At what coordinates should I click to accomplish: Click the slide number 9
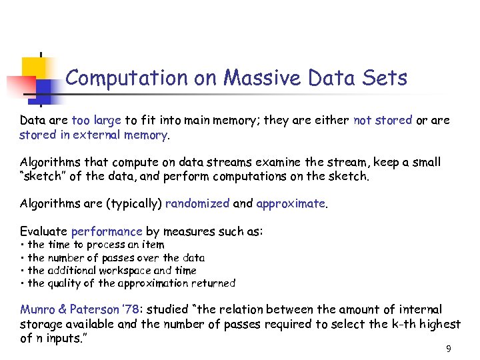(449, 349)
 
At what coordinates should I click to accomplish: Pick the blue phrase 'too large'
(96, 121)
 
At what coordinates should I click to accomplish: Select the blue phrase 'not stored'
(383, 121)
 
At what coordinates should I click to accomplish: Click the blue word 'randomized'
(197, 203)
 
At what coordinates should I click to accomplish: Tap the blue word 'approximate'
(291, 203)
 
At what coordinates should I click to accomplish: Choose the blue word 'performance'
(107, 231)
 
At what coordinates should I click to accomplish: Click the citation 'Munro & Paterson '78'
(81, 309)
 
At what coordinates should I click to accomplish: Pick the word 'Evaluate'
(44, 231)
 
